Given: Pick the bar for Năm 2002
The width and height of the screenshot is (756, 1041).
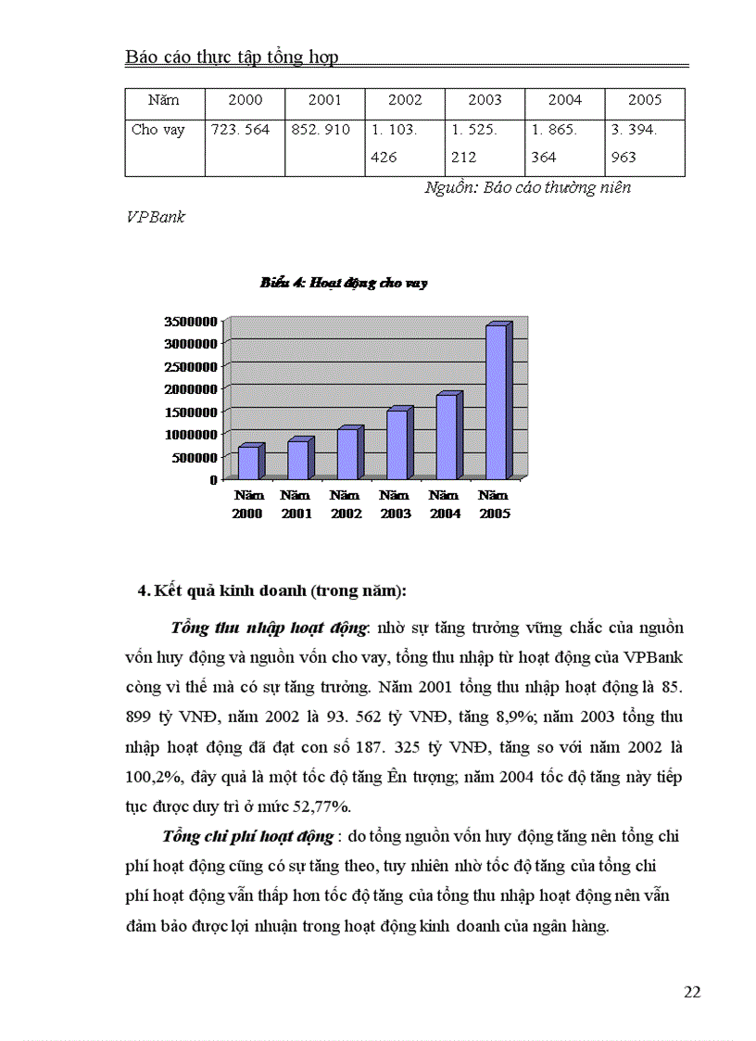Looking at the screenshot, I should coord(347,453).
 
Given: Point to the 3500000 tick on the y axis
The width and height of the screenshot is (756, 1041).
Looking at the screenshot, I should coord(191,321).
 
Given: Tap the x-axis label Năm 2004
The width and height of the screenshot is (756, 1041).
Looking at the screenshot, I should coord(446,504).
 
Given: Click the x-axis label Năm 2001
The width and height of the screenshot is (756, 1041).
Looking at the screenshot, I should coord(296,504).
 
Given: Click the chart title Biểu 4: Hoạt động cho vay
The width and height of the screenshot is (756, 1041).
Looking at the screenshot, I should coord(343,284).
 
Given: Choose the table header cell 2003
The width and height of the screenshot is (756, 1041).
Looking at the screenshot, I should coord(485,100).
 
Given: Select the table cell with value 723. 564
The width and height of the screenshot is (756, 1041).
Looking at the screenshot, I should coord(241,130).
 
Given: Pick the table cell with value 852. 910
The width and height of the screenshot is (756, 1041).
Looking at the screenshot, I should coord(321,130).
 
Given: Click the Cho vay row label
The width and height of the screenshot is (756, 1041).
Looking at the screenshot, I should coord(158,130).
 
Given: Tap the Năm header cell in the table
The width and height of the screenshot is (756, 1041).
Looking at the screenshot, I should coord(164,100).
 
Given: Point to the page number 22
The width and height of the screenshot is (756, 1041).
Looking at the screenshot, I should coord(691,992).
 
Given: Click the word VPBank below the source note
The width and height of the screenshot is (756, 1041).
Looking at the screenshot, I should coord(156,217).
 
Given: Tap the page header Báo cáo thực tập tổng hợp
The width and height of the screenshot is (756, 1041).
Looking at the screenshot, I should coord(232,57).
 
